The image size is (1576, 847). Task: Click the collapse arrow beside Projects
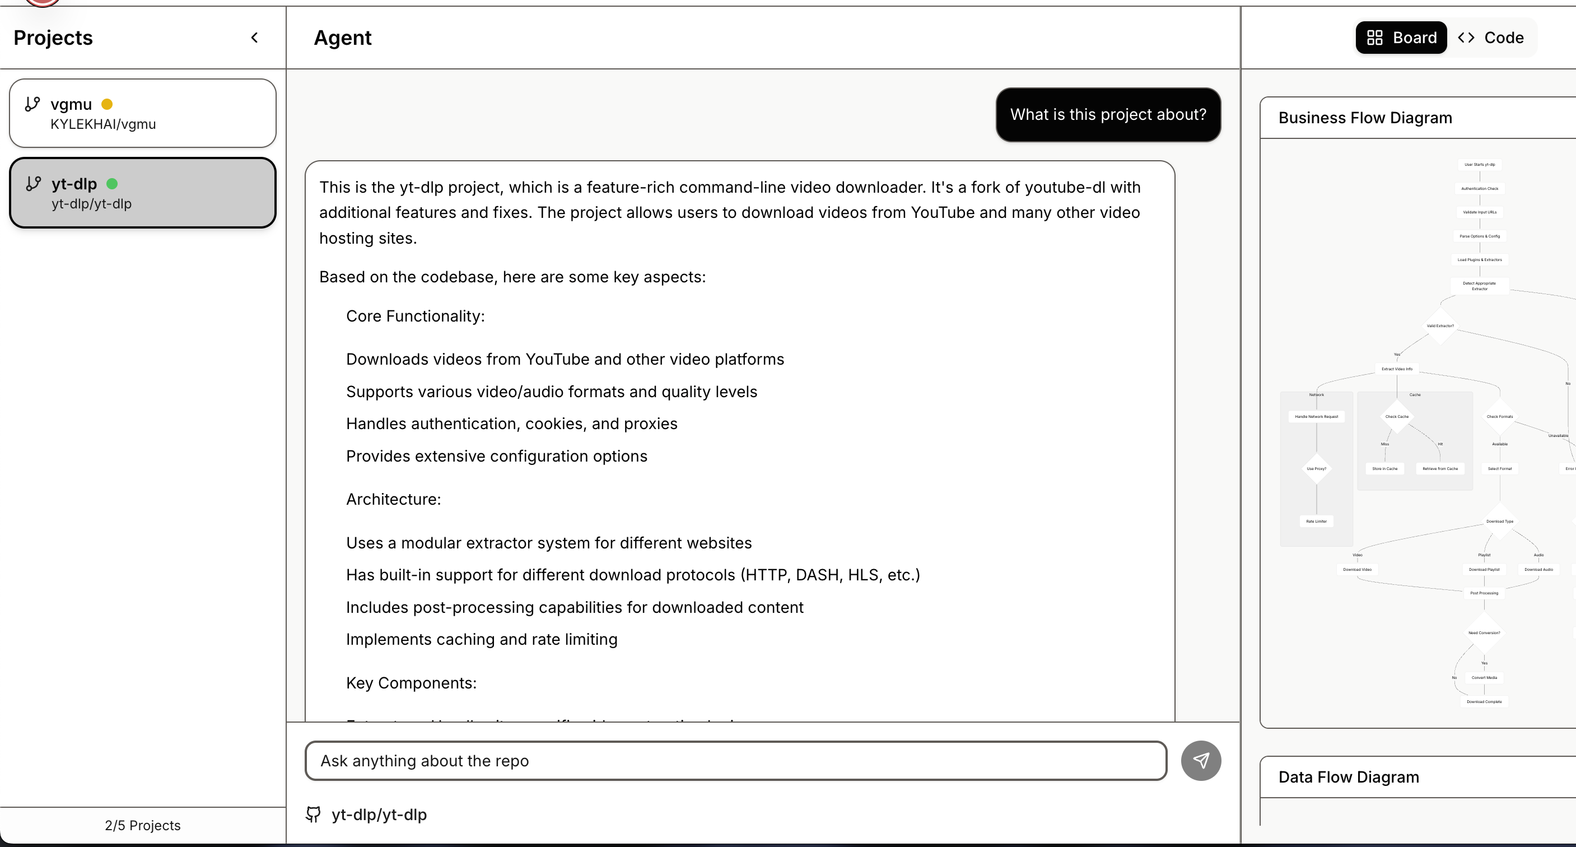coord(254,38)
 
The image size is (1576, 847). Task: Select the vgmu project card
coord(143,113)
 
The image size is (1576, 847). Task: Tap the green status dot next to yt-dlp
coord(112,184)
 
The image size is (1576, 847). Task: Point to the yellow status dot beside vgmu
coord(107,104)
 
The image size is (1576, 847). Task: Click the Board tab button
coord(1401,38)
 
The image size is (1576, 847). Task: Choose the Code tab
coord(1491,38)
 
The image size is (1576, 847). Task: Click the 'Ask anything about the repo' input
coord(735,761)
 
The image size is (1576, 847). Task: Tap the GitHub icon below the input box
coord(313,815)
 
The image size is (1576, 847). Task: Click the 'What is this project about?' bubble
coord(1108,115)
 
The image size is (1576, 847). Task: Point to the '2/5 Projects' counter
coord(143,826)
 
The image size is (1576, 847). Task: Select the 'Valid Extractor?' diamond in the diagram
coord(1440,326)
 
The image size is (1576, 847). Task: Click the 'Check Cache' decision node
coord(1397,417)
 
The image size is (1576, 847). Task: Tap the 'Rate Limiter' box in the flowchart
coord(1317,522)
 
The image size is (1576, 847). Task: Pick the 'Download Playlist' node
coord(1484,570)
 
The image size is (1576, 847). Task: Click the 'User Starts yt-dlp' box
coord(1479,165)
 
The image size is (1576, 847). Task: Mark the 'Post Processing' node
coord(1484,593)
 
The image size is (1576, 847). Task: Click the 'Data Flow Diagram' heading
coord(1349,777)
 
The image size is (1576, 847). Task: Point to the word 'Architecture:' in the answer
coord(393,499)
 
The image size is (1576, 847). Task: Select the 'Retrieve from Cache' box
coord(1440,469)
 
